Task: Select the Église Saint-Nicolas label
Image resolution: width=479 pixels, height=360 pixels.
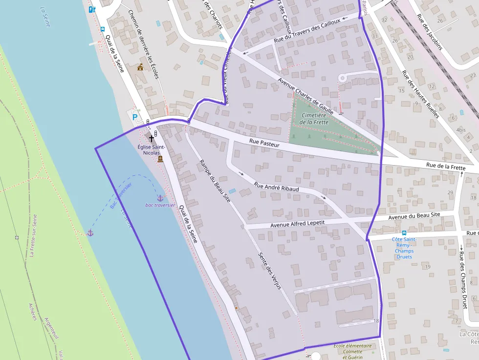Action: pos(151,150)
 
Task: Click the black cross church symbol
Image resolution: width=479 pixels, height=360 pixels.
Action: pos(152,139)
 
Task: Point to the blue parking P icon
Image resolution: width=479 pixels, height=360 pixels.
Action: pos(135,117)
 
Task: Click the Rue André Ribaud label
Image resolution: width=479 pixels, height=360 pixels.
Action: pos(276,186)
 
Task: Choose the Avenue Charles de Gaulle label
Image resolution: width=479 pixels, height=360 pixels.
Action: pos(305,96)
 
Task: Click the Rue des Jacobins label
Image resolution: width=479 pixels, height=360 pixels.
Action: pos(430,32)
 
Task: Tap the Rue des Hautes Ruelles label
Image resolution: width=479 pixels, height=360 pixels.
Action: pos(420,94)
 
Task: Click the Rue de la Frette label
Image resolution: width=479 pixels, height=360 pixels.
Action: pos(446,166)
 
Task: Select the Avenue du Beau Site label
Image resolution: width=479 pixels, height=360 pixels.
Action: pos(414,215)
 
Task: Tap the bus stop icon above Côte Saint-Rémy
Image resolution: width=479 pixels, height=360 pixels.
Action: pos(404,233)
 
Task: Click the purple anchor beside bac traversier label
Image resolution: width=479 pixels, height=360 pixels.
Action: pos(159,198)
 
